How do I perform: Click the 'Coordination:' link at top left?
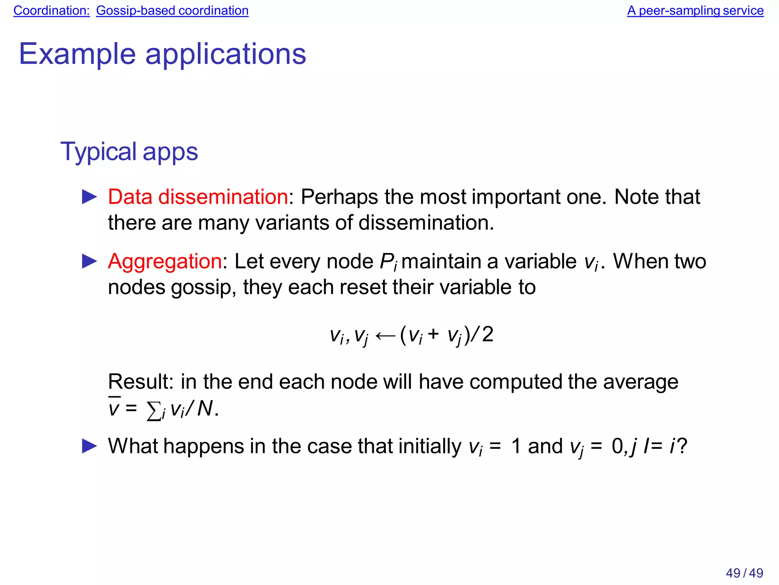pyautogui.click(x=51, y=11)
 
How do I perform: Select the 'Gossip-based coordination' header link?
pyautogui.click(x=172, y=11)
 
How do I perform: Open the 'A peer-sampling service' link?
pyautogui.click(x=695, y=11)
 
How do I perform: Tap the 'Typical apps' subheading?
pyautogui.click(x=129, y=151)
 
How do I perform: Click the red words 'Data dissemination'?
pyautogui.click(x=198, y=197)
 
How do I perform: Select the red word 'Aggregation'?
pyautogui.click(x=165, y=261)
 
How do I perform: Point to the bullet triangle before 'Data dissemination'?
pyautogui.click(x=89, y=197)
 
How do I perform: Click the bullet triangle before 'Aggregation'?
pyautogui.click(x=89, y=261)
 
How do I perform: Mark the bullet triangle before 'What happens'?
pyautogui.click(x=89, y=446)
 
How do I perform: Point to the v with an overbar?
pyautogui.click(x=114, y=408)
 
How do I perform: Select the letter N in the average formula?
pyautogui.click(x=205, y=409)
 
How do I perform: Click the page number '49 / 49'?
pyautogui.click(x=744, y=573)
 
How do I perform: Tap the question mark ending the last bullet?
pyautogui.click(x=682, y=446)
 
